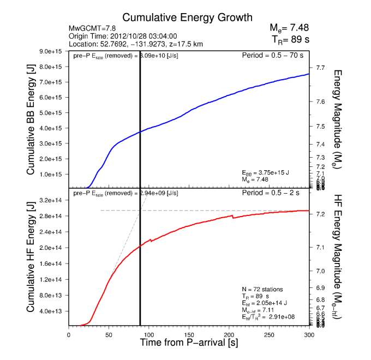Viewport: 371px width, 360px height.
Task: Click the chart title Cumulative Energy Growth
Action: tap(187, 17)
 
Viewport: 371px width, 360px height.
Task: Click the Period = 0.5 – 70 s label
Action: tap(272, 56)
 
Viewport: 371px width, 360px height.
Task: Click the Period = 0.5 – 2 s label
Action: tap(275, 193)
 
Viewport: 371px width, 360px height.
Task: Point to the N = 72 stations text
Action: tap(262, 289)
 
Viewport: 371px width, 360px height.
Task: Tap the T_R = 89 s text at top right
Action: tap(290, 39)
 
